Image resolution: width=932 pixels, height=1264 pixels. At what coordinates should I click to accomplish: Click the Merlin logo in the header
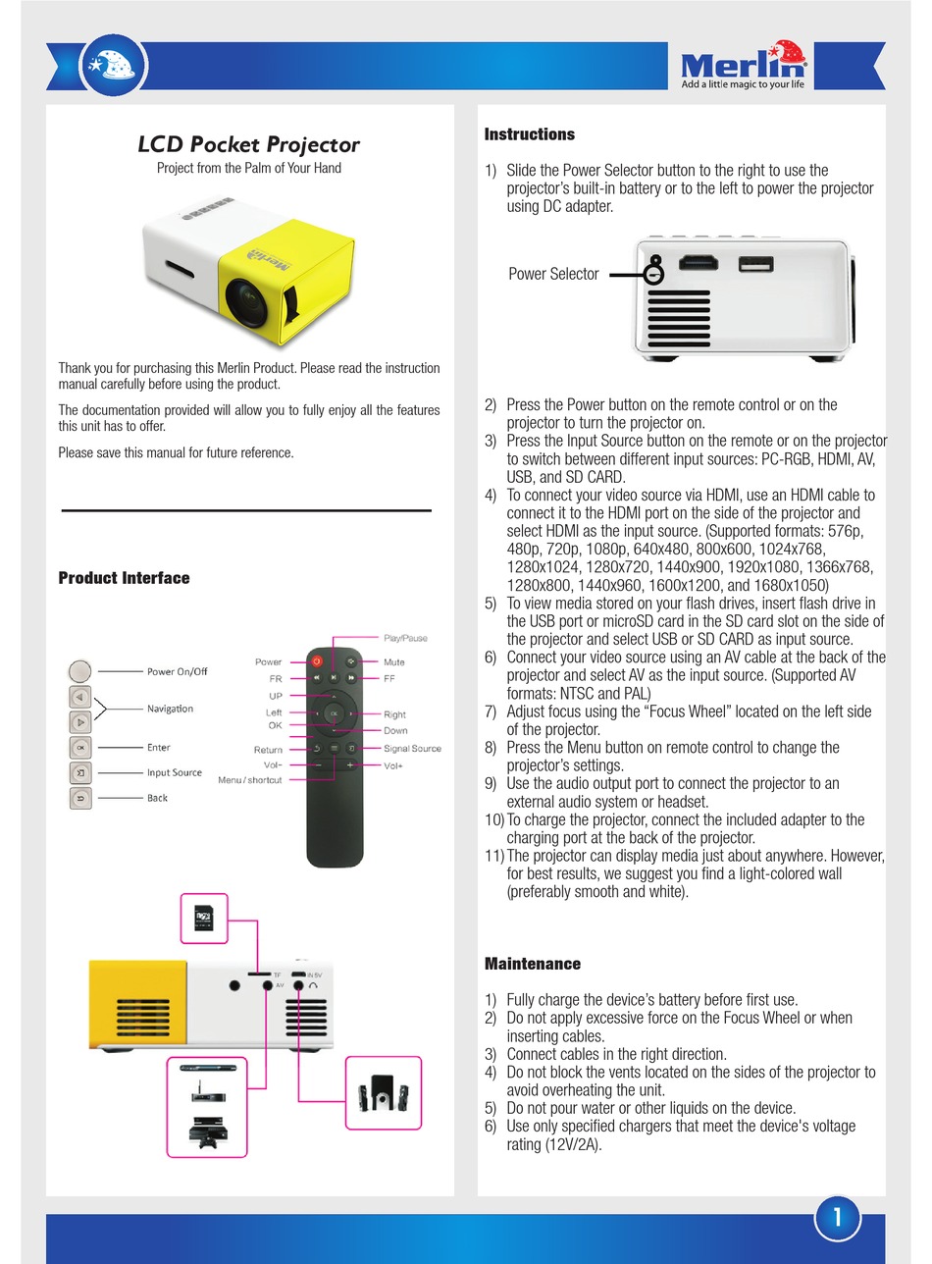pos(744,66)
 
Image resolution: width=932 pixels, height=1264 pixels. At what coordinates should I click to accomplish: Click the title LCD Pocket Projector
pos(248,144)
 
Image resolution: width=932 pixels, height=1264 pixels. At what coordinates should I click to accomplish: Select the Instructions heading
pos(530,134)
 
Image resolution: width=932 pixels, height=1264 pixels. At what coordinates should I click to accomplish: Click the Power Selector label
pos(553,274)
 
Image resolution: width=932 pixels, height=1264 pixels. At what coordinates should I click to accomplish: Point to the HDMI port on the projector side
pos(699,263)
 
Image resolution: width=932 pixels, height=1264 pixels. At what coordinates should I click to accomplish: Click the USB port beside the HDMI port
pos(754,264)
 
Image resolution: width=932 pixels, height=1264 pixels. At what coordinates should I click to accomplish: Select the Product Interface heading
pos(124,578)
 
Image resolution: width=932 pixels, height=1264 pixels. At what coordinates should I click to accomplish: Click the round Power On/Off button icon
pos(80,671)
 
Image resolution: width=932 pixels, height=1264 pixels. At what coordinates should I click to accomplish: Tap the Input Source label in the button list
pos(175,772)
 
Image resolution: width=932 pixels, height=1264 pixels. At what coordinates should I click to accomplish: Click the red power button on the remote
pos(317,662)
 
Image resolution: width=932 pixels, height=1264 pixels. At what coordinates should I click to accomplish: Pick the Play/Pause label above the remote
pos(405,638)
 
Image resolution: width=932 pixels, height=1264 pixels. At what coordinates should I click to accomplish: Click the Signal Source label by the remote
pos(412,748)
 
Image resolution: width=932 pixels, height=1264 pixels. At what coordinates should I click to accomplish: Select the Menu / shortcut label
pos(249,780)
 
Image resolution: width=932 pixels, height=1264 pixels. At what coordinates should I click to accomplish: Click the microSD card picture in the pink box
pos(205,920)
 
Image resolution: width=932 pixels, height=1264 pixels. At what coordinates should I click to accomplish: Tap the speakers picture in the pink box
pos(384,1093)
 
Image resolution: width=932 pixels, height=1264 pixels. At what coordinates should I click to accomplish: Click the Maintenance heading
pos(533,964)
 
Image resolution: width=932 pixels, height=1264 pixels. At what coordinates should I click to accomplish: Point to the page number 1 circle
pos(837,1218)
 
